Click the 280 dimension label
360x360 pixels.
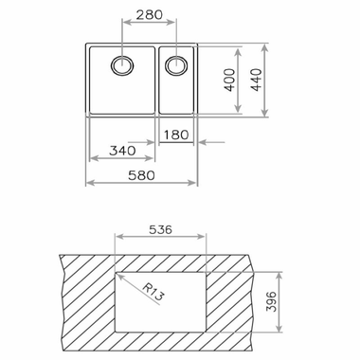pyautogui.click(x=149, y=17)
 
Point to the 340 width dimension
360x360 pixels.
pyautogui.click(x=120, y=151)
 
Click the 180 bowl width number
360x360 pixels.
pyautogui.click(x=177, y=135)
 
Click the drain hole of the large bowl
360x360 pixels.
pyautogui.click(x=122, y=65)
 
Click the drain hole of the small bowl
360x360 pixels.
pyautogui.click(x=176, y=65)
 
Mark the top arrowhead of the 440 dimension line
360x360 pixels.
pyautogui.click(x=262, y=46)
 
